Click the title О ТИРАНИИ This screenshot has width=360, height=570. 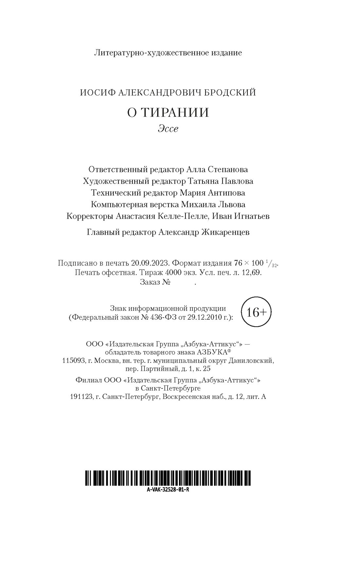click(168, 113)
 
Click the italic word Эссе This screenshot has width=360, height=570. click(168, 129)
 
